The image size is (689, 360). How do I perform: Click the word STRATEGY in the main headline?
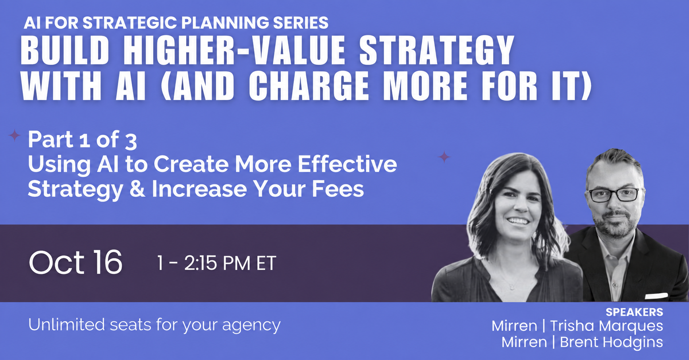pyautogui.click(x=437, y=50)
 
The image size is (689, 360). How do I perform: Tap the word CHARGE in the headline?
pyautogui.click(x=309, y=86)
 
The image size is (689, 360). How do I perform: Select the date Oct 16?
pyautogui.click(x=75, y=262)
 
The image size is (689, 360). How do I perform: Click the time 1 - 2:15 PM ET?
pyautogui.click(x=216, y=263)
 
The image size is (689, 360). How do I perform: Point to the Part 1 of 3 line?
pyautogui.click(x=83, y=140)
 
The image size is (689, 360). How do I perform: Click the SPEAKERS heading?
pyautogui.click(x=634, y=312)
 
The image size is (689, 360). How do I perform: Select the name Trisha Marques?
pyautogui.click(x=606, y=326)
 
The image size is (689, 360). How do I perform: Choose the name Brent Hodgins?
pyautogui.click(x=611, y=342)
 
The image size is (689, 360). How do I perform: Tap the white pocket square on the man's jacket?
pyautogui.click(x=656, y=295)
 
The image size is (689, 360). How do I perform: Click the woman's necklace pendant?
pyautogui.click(x=512, y=286)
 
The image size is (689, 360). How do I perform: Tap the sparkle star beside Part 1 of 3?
pyautogui.click(x=14, y=136)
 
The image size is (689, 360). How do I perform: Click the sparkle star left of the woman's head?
pyautogui.click(x=444, y=157)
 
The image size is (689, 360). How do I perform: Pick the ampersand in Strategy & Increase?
pyautogui.click(x=137, y=189)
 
